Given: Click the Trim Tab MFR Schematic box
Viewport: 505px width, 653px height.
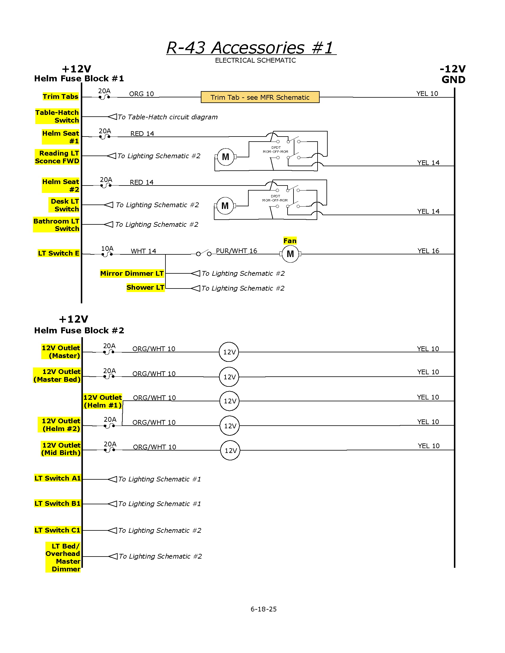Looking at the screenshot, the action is point(260,97).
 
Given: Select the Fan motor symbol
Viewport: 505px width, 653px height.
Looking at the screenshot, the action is point(290,254).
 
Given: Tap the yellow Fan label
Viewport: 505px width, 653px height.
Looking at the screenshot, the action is point(290,241).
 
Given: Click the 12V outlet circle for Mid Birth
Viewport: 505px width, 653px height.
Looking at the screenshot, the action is point(230,450).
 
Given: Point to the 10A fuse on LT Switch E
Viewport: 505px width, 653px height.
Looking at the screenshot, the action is point(107,254).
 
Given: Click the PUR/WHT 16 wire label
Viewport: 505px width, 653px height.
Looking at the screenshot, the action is point(236,251).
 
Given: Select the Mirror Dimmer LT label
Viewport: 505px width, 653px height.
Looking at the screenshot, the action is point(132,273).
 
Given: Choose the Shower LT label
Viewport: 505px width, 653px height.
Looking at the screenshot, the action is point(145,288).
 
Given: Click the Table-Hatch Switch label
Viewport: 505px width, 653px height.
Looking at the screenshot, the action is point(57,116).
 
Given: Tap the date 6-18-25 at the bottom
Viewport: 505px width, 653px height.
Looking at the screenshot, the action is point(263,609).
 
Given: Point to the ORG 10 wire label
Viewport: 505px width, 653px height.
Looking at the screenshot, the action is point(141,94).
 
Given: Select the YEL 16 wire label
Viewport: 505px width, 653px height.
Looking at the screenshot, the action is point(428,251).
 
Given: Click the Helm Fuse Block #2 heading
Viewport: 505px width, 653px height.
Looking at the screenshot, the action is point(79,330).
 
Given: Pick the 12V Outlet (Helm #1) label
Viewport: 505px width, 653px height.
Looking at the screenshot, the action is point(102,401).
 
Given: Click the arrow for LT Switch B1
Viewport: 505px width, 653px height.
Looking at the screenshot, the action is point(113,504).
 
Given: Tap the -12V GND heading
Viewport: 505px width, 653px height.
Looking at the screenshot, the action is point(453,74).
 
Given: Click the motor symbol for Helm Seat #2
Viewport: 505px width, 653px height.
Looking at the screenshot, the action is point(225,206).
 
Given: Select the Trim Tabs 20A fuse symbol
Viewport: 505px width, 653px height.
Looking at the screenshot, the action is point(104,97).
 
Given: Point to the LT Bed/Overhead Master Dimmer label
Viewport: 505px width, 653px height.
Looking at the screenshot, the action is point(63,557).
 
